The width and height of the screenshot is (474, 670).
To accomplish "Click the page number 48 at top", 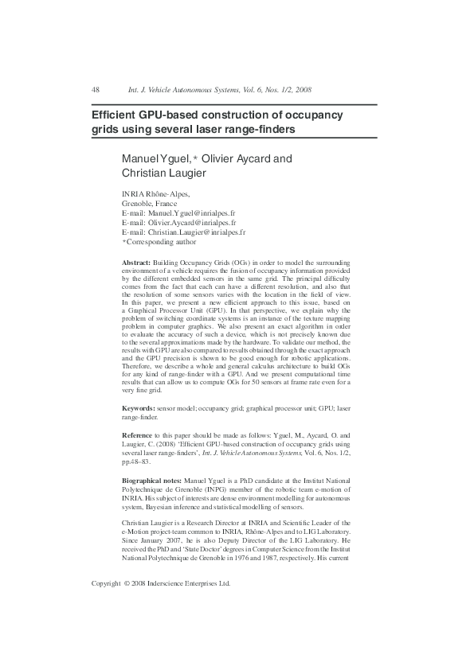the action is [x=96, y=90].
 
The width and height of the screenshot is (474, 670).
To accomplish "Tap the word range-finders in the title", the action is [x=257, y=129].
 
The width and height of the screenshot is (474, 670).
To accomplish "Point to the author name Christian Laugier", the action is [x=164, y=173].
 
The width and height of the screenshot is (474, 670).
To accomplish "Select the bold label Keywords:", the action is [x=139, y=408].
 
